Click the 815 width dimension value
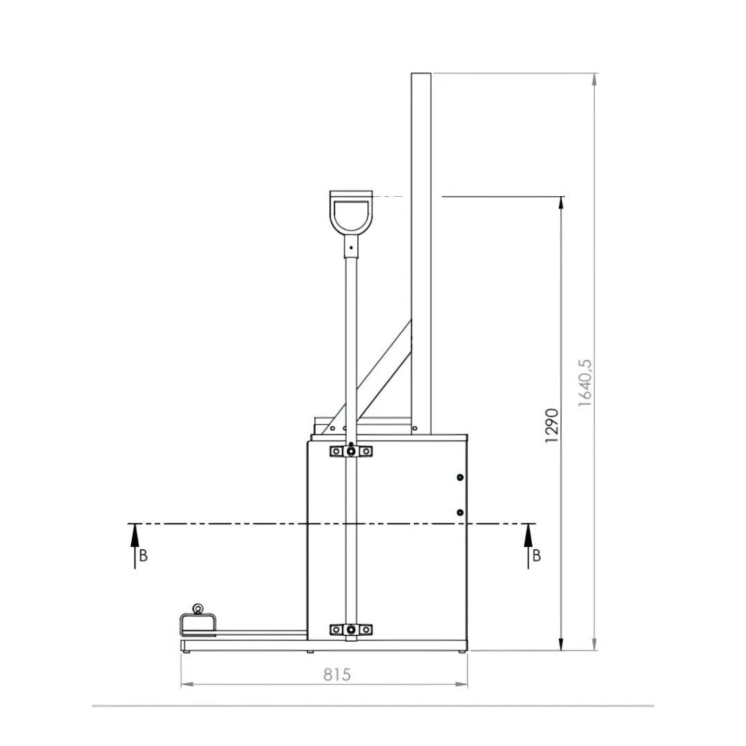[337, 674]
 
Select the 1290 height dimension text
[551, 425]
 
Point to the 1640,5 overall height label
[585, 383]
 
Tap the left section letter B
[143, 555]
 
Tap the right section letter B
[537, 555]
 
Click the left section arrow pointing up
[135, 546]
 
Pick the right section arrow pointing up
[528, 546]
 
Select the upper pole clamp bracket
[351, 450]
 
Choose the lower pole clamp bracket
[351, 629]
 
